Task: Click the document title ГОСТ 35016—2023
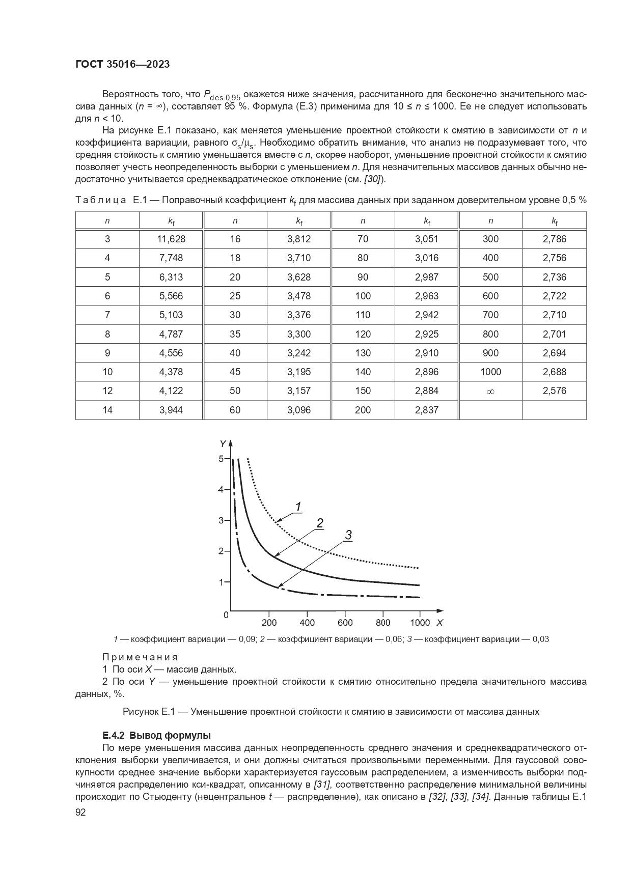click(x=122, y=64)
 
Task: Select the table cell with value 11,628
click(x=171, y=239)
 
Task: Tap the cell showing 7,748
click(x=171, y=258)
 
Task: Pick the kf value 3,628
click(x=299, y=277)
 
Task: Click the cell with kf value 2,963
click(x=427, y=296)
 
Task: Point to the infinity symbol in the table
click(x=490, y=391)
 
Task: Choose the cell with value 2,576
click(x=555, y=390)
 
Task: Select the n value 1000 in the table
click(x=490, y=372)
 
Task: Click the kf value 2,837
click(x=427, y=410)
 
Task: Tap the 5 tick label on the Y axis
click(x=221, y=459)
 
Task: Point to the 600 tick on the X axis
click(x=345, y=622)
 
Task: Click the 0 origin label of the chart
click(x=226, y=615)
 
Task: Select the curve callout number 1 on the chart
click(x=298, y=506)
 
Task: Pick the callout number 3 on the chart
click(x=348, y=535)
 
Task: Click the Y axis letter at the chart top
click(x=223, y=443)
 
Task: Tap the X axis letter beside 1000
click(x=439, y=622)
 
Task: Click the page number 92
click(x=80, y=812)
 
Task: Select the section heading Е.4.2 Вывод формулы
click(x=156, y=735)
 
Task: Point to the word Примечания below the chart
click(x=140, y=657)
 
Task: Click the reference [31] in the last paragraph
click(x=322, y=784)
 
